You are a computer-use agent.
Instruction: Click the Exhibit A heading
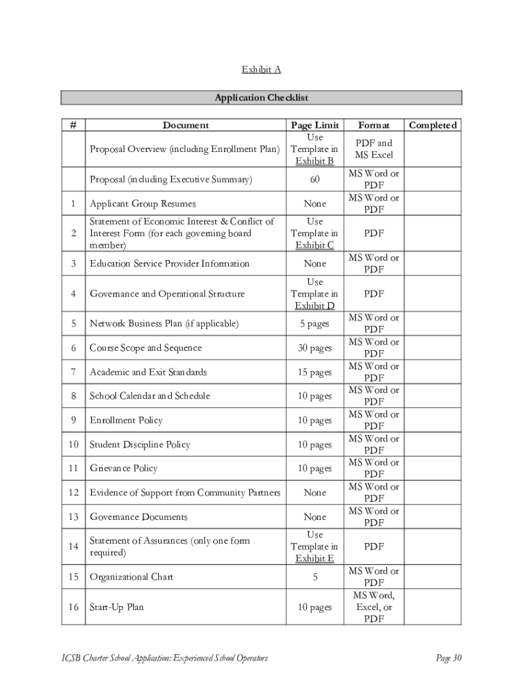tap(261, 69)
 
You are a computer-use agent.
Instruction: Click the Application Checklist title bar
tap(261, 98)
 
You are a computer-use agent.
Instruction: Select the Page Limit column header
tap(314, 125)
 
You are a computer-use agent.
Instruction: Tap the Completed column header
tap(433, 125)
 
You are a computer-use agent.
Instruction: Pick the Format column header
tap(374, 125)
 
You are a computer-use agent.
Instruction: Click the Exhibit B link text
tap(314, 162)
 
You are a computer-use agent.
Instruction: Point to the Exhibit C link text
tap(314, 246)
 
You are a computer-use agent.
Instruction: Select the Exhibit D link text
tap(314, 306)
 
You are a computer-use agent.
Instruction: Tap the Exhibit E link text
tap(314, 559)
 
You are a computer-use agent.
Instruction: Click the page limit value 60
tap(314, 180)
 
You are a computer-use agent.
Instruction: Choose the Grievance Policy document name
tap(124, 468)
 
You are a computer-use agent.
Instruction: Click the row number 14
tap(73, 546)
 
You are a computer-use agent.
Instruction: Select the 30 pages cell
tap(314, 348)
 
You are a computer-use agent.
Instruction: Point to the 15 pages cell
tap(314, 372)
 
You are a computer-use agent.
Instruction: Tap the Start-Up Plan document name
tap(117, 607)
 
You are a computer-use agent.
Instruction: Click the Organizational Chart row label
tap(132, 577)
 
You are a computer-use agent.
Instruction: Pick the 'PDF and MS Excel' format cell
tap(374, 149)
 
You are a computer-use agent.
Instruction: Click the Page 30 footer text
tap(448, 658)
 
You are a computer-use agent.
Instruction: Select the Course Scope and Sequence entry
tap(145, 348)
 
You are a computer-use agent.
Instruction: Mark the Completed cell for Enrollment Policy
tap(433, 420)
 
